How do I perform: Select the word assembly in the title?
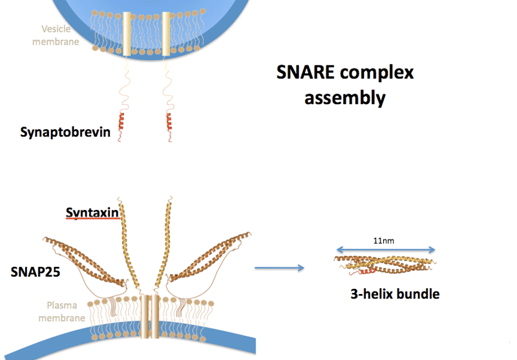(345, 98)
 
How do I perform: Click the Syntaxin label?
(92, 213)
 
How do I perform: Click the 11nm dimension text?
(385, 240)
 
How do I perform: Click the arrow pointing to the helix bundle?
(279, 267)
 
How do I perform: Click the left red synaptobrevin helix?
(120, 121)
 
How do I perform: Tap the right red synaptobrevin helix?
(170, 121)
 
